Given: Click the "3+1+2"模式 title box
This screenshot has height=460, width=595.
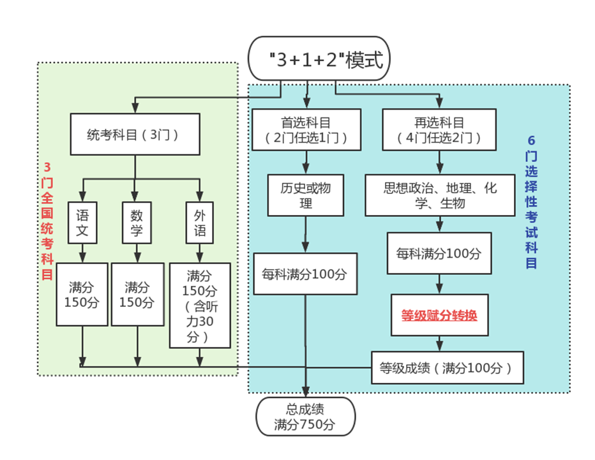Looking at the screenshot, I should (x=318, y=59).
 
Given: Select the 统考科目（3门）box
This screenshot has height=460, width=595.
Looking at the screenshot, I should (x=135, y=134).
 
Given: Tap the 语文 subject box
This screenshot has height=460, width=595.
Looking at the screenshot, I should (x=82, y=223).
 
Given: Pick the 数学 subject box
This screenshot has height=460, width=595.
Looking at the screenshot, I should (x=136, y=223).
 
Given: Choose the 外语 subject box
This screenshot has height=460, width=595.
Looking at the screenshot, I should (x=200, y=223).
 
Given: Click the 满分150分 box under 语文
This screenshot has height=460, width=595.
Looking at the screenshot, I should (x=82, y=294).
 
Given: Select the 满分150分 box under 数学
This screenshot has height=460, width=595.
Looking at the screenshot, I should (x=137, y=294).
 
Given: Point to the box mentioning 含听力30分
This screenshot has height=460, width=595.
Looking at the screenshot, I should (x=200, y=306).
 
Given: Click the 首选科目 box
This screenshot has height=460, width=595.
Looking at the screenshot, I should (x=306, y=130).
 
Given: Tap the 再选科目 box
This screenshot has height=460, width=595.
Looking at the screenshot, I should (x=439, y=130).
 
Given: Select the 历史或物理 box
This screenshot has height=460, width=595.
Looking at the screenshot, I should (x=306, y=195).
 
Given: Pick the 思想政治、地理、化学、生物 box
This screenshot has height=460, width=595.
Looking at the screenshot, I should (x=440, y=195).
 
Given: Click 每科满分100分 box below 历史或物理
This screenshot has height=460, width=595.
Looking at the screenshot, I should (x=305, y=274).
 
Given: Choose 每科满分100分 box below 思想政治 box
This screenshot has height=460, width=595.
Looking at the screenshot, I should (x=439, y=253).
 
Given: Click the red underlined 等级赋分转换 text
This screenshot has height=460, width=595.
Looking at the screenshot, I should (x=439, y=315).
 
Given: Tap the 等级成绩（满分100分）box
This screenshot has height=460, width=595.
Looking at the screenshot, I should (x=447, y=367).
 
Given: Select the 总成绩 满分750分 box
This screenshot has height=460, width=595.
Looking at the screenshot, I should (x=305, y=417).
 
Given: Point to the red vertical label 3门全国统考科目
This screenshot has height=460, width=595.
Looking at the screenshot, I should (x=47, y=221).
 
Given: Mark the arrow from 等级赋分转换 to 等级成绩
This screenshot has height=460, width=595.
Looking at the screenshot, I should (x=439, y=343).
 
